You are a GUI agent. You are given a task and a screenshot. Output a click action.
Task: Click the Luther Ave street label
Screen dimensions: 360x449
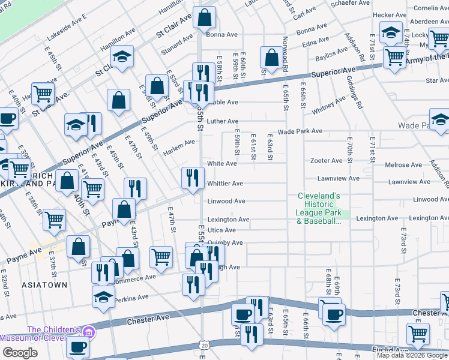(x=223, y=121)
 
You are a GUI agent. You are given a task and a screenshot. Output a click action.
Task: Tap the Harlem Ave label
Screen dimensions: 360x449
(x=179, y=143)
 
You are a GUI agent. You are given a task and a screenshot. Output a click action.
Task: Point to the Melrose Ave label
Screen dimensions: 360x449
(x=403, y=165)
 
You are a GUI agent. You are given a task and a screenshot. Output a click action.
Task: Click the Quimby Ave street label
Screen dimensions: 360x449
(x=225, y=243)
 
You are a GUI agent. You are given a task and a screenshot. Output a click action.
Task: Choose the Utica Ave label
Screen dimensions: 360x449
(x=221, y=230)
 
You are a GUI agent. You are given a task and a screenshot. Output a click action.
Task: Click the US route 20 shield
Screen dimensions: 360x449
(x=205, y=345)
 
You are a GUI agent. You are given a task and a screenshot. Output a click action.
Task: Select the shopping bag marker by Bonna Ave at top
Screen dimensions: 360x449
(x=204, y=18)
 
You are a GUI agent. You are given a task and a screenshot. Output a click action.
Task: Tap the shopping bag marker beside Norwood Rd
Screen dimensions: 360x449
(x=271, y=58)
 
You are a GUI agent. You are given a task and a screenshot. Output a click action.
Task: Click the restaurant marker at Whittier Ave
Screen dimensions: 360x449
(x=192, y=177)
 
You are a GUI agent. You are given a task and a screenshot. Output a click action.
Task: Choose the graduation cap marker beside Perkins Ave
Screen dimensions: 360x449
(x=103, y=296)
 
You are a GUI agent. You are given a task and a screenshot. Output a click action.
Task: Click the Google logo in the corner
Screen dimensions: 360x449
(x=20, y=353)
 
